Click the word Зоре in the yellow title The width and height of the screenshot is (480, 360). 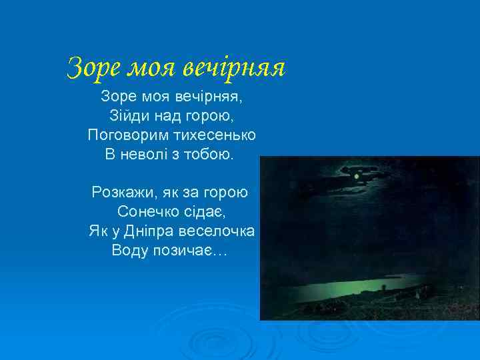pyautogui.click(x=93, y=67)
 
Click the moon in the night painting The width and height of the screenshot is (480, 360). pyautogui.click(x=357, y=176)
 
